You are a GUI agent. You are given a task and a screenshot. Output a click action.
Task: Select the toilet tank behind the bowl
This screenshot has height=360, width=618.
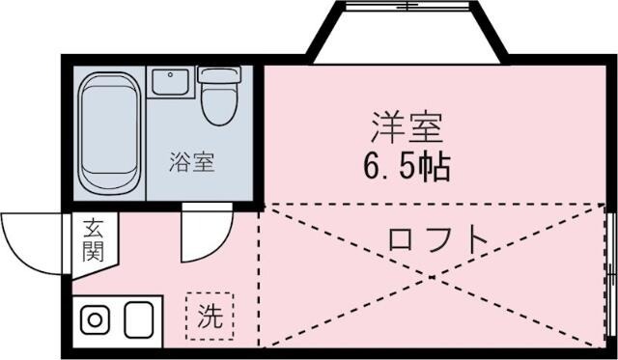click(x=218, y=74)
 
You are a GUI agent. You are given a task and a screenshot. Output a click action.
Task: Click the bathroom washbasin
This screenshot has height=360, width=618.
click(x=170, y=84)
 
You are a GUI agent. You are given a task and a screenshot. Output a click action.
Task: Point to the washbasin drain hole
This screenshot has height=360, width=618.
click(x=170, y=75)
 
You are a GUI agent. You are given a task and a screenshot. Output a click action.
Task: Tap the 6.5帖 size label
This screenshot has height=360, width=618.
click(x=406, y=167)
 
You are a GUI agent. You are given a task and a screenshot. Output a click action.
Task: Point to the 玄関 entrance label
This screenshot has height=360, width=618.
click(x=94, y=240)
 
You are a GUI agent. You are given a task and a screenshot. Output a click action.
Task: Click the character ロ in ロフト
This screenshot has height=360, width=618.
click(x=399, y=237)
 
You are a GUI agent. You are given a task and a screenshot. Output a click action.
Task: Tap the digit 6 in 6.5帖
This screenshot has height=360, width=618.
click(x=373, y=168)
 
